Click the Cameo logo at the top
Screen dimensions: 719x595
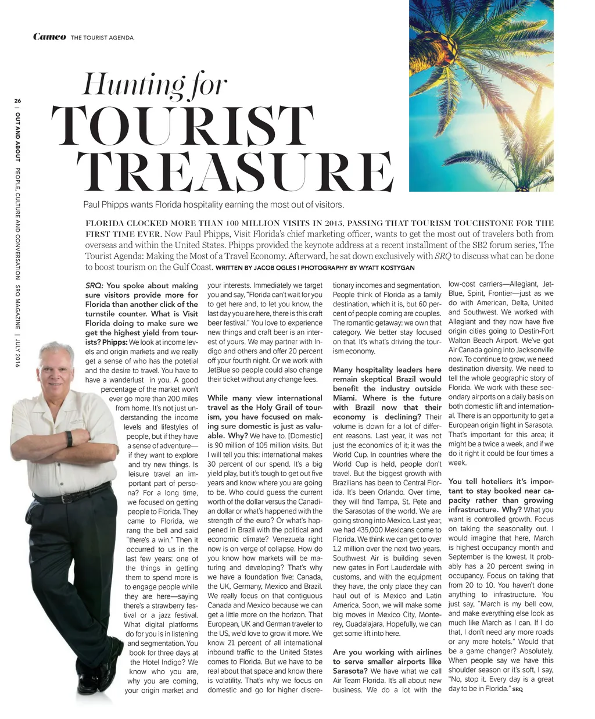point(49,37)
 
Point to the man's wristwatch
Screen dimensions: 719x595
point(69,439)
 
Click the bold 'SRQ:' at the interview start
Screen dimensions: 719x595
point(94,286)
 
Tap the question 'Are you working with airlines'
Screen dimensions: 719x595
point(387,652)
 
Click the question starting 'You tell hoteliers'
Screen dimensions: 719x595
point(501,481)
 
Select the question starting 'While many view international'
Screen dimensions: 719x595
point(264,398)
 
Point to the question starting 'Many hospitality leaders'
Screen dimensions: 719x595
point(387,370)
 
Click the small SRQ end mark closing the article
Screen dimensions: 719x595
point(517,689)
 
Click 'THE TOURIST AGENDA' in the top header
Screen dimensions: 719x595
point(102,38)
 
